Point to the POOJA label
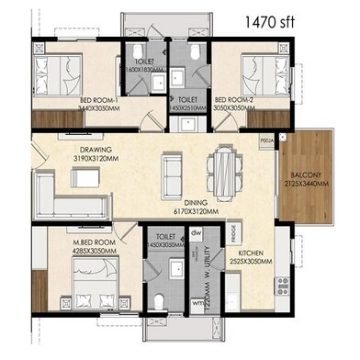[x=266, y=139]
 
